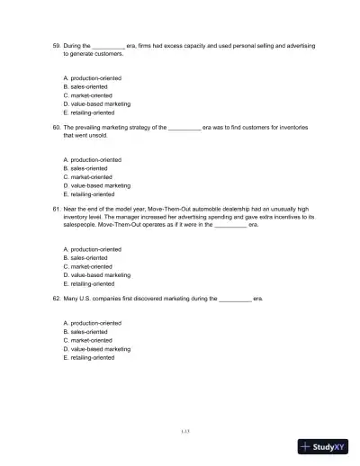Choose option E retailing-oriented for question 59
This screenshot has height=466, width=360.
(x=88, y=112)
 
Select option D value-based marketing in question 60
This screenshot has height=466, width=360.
(x=96, y=185)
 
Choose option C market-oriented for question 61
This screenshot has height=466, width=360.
(x=87, y=266)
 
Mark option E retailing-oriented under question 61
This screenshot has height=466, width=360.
(x=88, y=282)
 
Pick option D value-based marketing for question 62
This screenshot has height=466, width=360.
(x=96, y=348)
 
